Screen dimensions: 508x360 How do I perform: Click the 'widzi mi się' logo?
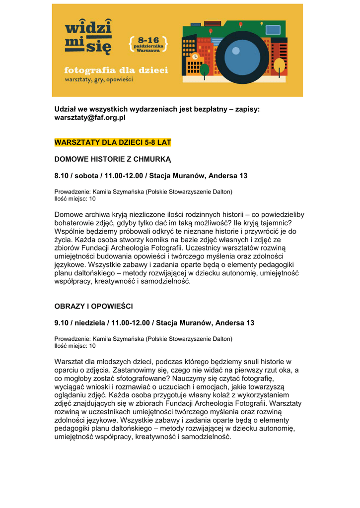(x=88, y=37)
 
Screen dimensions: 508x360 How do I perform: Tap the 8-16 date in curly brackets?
(x=148, y=44)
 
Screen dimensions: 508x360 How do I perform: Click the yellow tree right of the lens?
(x=280, y=64)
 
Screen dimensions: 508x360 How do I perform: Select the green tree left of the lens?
(x=204, y=69)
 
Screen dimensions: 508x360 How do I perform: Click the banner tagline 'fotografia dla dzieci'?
(x=116, y=70)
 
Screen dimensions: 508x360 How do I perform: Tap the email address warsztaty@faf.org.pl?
(x=90, y=118)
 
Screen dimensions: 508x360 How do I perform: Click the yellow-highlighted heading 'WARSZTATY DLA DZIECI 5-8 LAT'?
(x=112, y=142)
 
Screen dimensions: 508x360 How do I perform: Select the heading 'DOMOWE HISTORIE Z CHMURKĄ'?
(x=112, y=159)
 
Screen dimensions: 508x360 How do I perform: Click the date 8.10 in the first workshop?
(x=62, y=176)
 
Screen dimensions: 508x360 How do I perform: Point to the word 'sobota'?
(x=87, y=176)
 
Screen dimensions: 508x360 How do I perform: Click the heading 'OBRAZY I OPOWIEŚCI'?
(x=93, y=306)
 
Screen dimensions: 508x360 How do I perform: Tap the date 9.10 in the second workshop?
(x=62, y=323)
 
